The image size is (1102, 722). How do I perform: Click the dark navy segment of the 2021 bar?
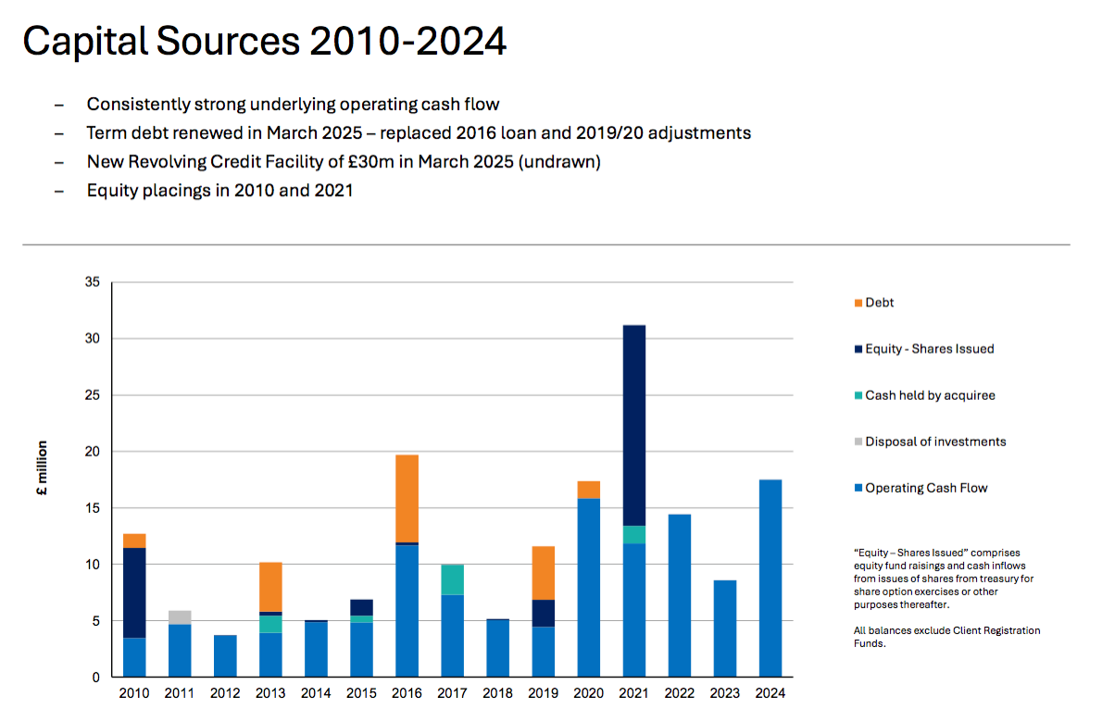[633, 425]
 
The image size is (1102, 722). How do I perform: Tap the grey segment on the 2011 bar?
[180, 617]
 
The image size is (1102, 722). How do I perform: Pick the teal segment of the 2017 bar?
[452, 579]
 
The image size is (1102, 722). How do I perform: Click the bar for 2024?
[770, 579]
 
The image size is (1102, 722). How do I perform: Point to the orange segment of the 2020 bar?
[588, 490]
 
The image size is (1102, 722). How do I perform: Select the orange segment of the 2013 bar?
[270, 587]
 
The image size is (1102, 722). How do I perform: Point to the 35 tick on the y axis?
[93, 282]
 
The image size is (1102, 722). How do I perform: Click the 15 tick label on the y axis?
[93, 508]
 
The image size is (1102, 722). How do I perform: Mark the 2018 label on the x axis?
[497, 693]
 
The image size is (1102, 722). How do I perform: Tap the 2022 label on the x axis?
[679, 693]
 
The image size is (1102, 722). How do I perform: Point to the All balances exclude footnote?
[946, 637]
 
